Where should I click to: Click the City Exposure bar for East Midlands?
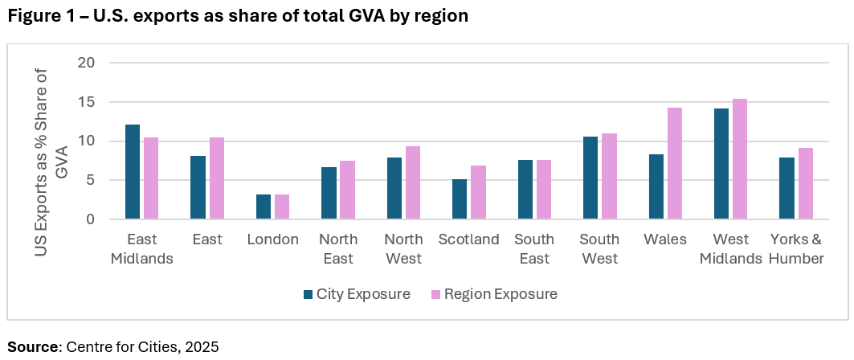133,172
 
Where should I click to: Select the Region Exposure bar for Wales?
673,163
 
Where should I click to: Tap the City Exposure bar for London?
264,207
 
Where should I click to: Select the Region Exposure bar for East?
217,178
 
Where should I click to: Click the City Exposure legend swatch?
309,294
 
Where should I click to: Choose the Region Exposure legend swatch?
435,294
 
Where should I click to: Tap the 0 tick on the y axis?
93,219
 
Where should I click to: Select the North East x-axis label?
338,249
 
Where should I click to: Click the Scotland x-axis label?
469,239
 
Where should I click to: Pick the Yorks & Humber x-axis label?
796,249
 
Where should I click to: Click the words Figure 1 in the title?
40,16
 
